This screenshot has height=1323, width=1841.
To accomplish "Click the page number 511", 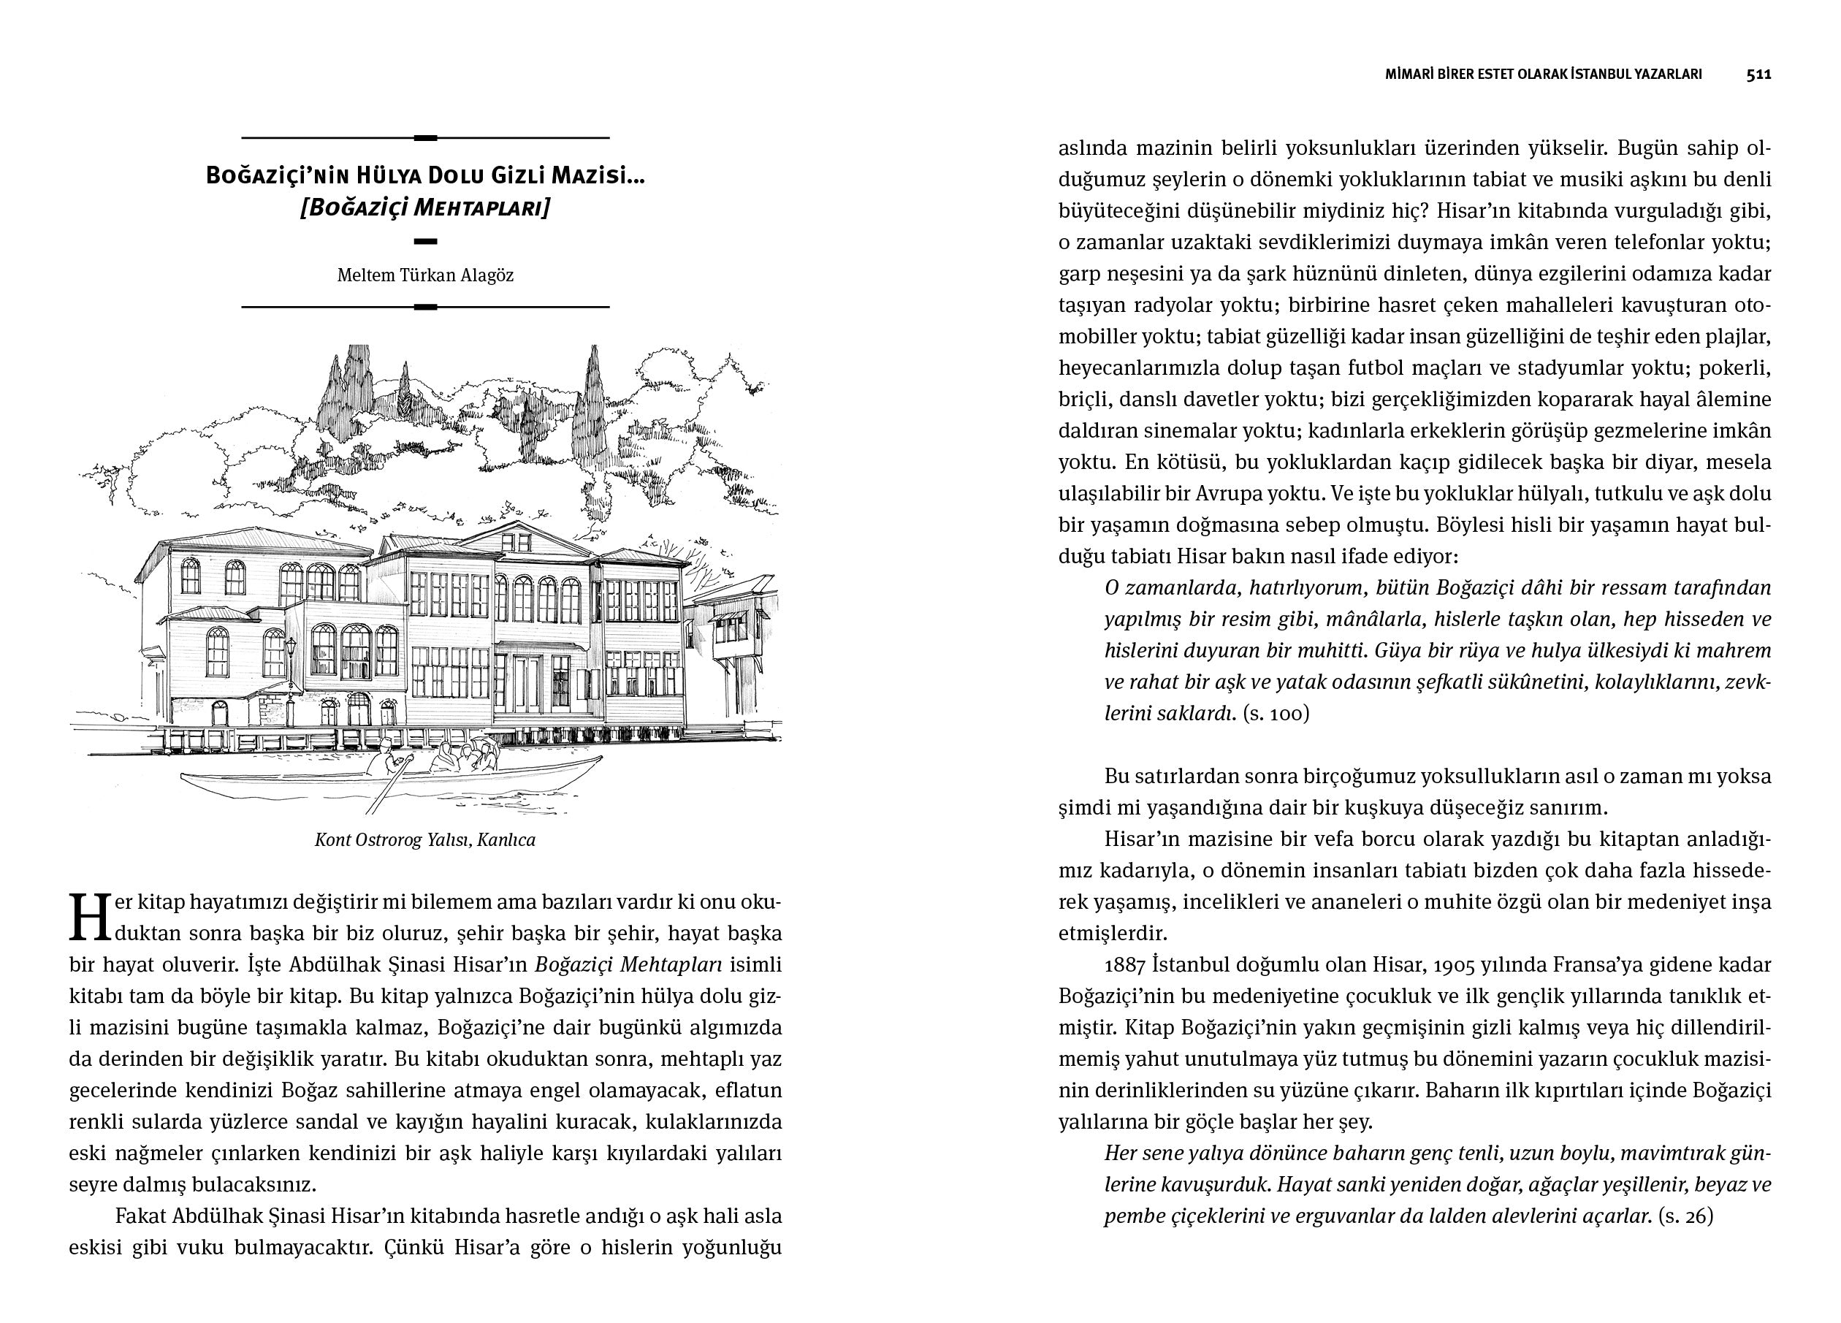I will pyautogui.click(x=1759, y=75).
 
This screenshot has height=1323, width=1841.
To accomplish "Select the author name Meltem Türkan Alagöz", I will pyautogui.click(x=425, y=275).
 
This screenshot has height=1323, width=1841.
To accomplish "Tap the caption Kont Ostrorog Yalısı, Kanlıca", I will pyautogui.click(x=425, y=840).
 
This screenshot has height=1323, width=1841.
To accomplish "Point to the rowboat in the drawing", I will pyautogui.click(x=389, y=783).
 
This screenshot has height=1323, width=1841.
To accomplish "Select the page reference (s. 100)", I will pyautogui.click(x=1276, y=714).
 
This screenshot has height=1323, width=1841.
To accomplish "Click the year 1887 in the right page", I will pyautogui.click(x=1125, y=965).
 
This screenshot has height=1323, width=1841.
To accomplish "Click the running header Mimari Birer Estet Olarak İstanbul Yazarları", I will pyautogui.click(x=1543, y=75).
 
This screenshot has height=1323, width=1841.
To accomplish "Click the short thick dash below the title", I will pyautogui.click(x=425, y=241).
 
